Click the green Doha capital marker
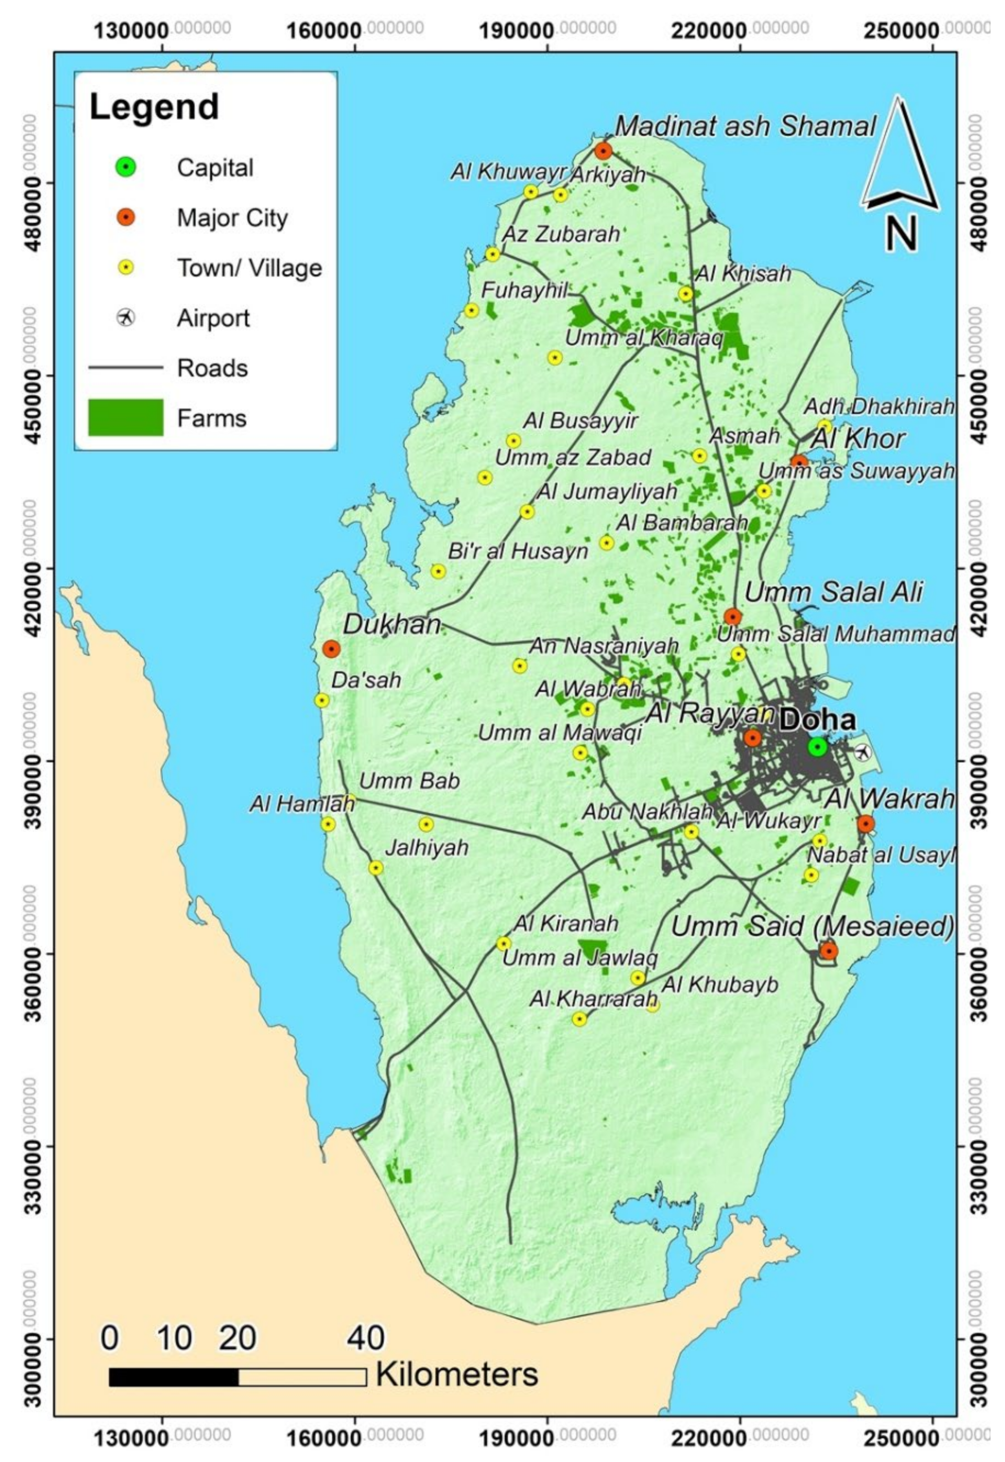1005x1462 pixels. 817,747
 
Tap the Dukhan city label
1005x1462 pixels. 391,624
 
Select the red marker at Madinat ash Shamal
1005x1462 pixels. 603,151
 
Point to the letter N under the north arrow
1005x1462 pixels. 901,234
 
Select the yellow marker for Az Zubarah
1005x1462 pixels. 492,255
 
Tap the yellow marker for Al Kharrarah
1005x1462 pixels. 579,1019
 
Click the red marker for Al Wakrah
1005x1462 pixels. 865,823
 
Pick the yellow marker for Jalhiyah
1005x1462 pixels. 376,868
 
